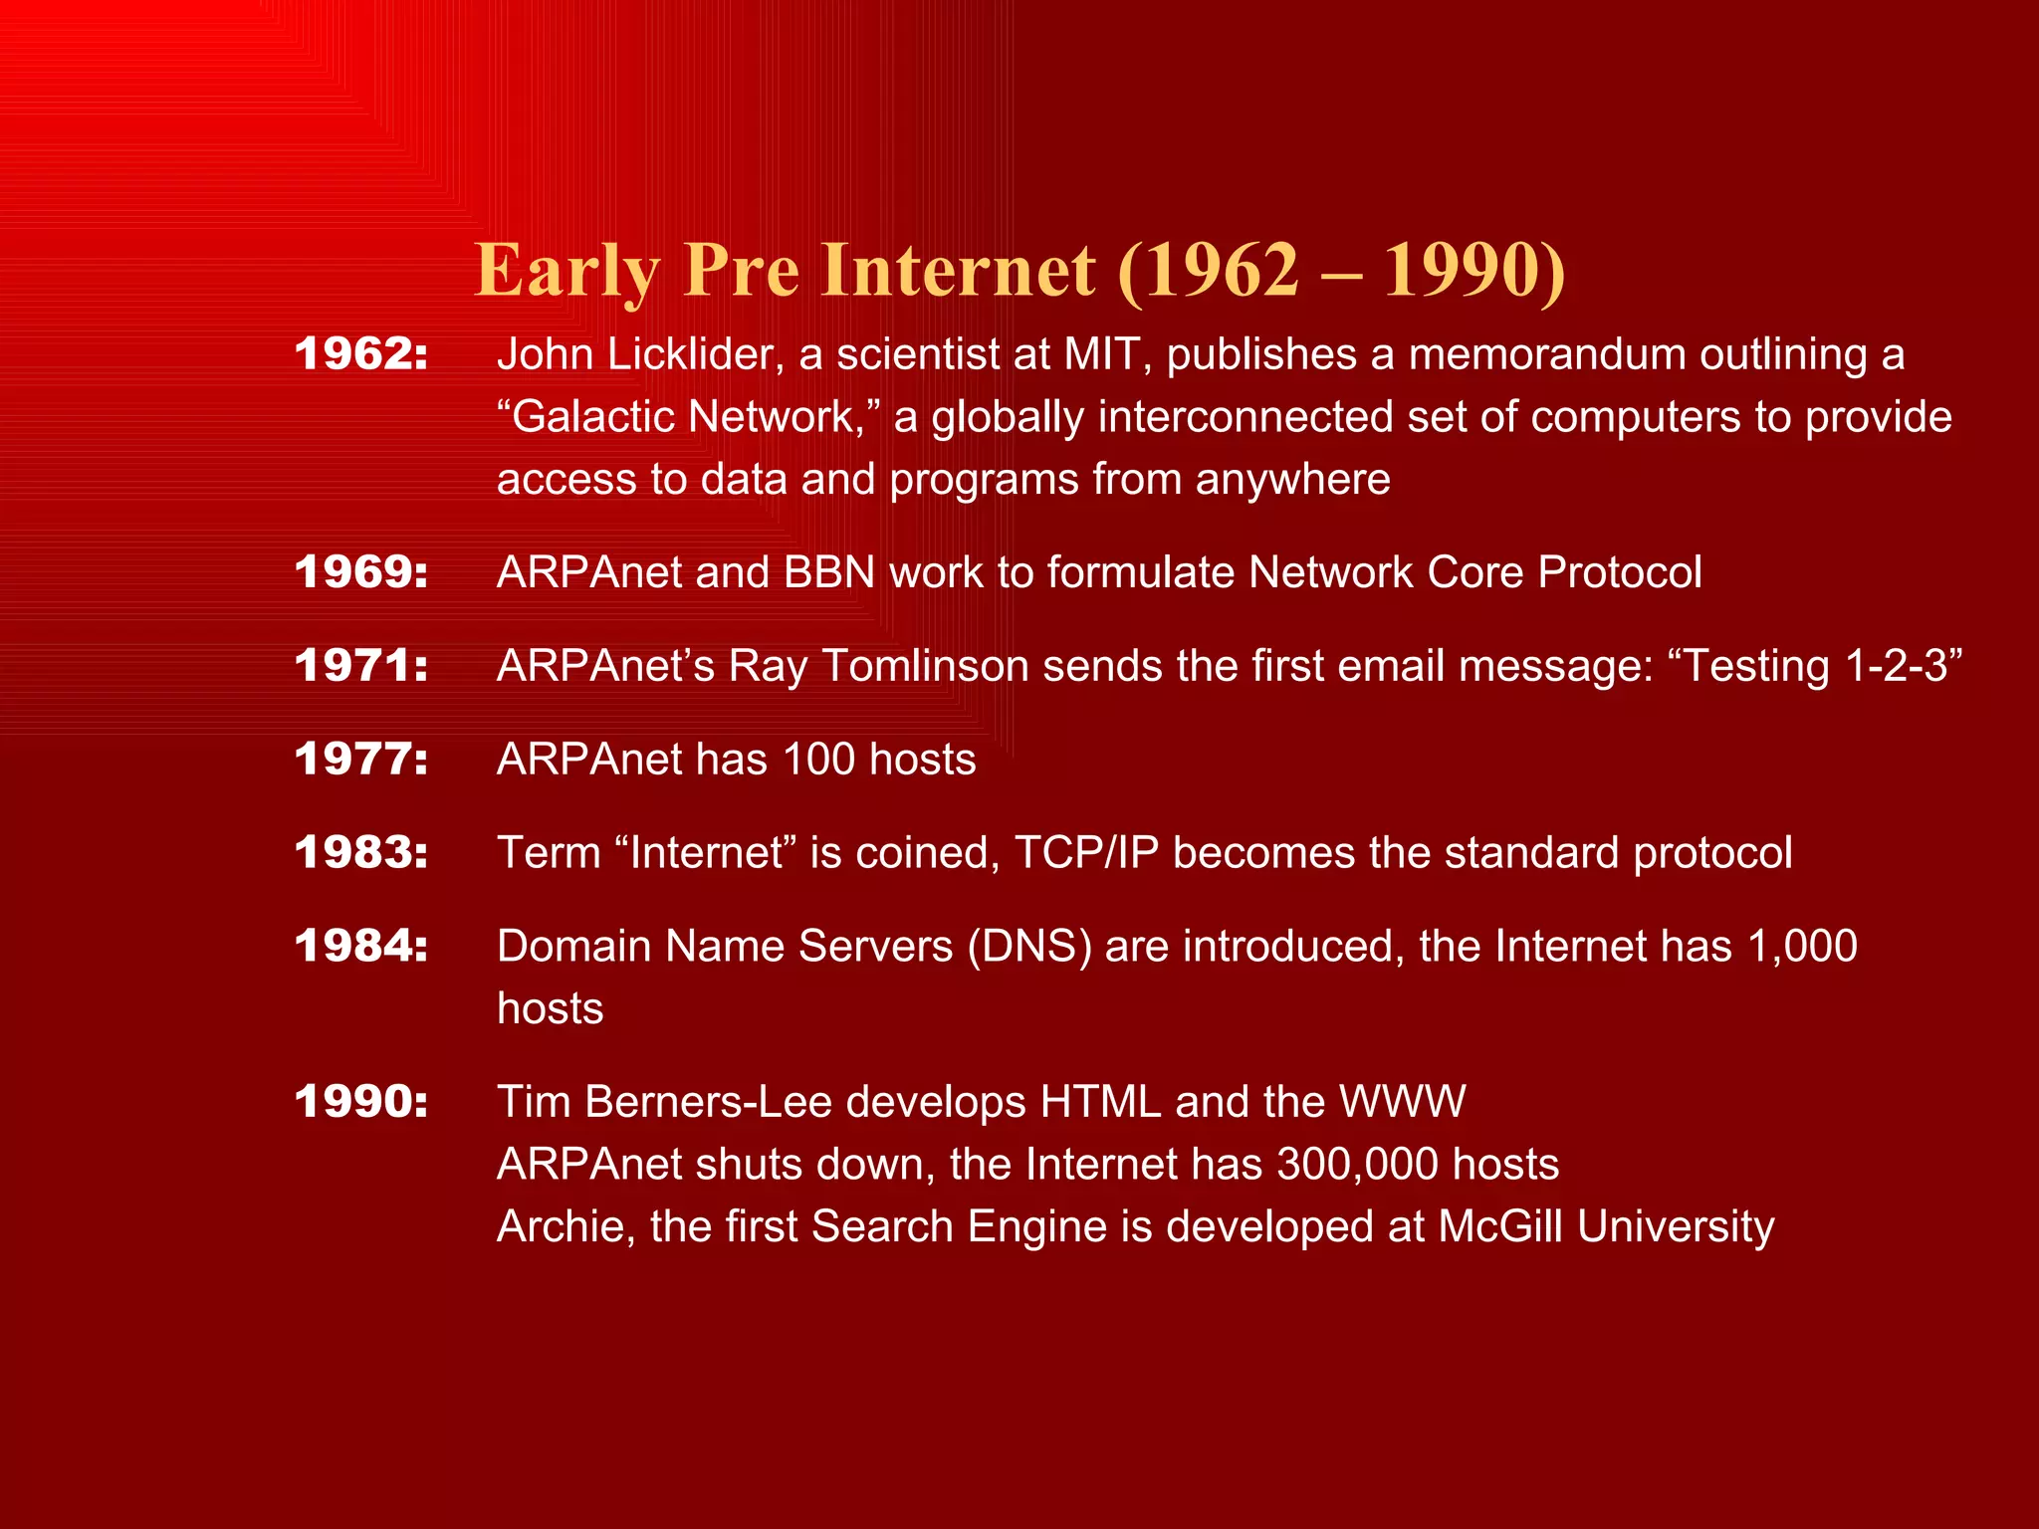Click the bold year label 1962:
click(x=361, y=354)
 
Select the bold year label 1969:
click(x=361, y=572)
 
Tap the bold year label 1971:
click(x=361, y=666)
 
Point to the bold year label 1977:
click(x=361, y=760)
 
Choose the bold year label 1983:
click(x=361, y=853)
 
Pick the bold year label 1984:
click(x=361, y=946)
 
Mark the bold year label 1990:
click(x=361, y=1102)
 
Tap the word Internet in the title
click(x=958, y=271)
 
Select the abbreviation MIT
click(x=1101, y=354)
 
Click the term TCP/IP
click(x=1086, y=853)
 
